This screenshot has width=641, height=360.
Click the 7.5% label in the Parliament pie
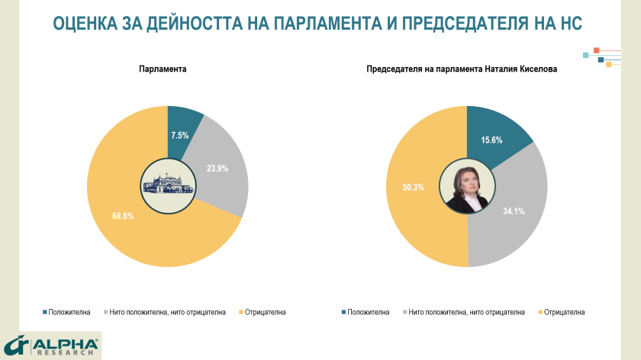(x=179, y=135)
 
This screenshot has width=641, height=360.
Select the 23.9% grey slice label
(x=217, y=169)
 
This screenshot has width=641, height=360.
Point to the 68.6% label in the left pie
(x=123, y=216)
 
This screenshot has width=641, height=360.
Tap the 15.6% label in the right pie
(x=491, y=140)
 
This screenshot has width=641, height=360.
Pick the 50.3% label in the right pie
(x=416, y=186)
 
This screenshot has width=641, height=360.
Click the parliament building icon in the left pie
(x=167, y=186)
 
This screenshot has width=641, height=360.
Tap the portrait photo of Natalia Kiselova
(x=466, y=186)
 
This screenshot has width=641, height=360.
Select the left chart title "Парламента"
(x=163, y=69)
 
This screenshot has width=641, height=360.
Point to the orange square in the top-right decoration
(x=596, y=50)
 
